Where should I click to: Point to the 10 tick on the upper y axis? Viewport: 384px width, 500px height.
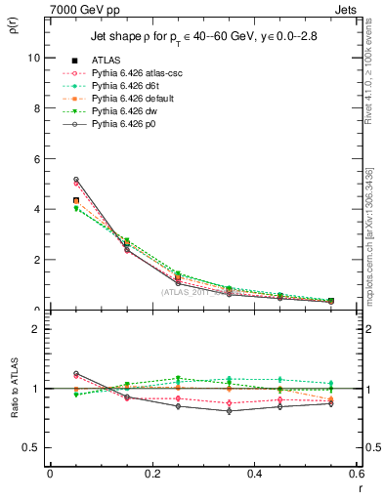34,58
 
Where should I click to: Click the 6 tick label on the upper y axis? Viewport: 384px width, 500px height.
37,159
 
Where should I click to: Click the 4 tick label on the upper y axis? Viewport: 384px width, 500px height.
37,209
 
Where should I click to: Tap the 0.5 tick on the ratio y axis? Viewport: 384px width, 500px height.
32,447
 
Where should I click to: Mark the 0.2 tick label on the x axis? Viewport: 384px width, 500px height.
151,474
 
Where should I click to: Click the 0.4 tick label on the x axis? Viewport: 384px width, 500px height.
254,474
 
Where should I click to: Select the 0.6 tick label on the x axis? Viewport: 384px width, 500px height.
356,474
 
